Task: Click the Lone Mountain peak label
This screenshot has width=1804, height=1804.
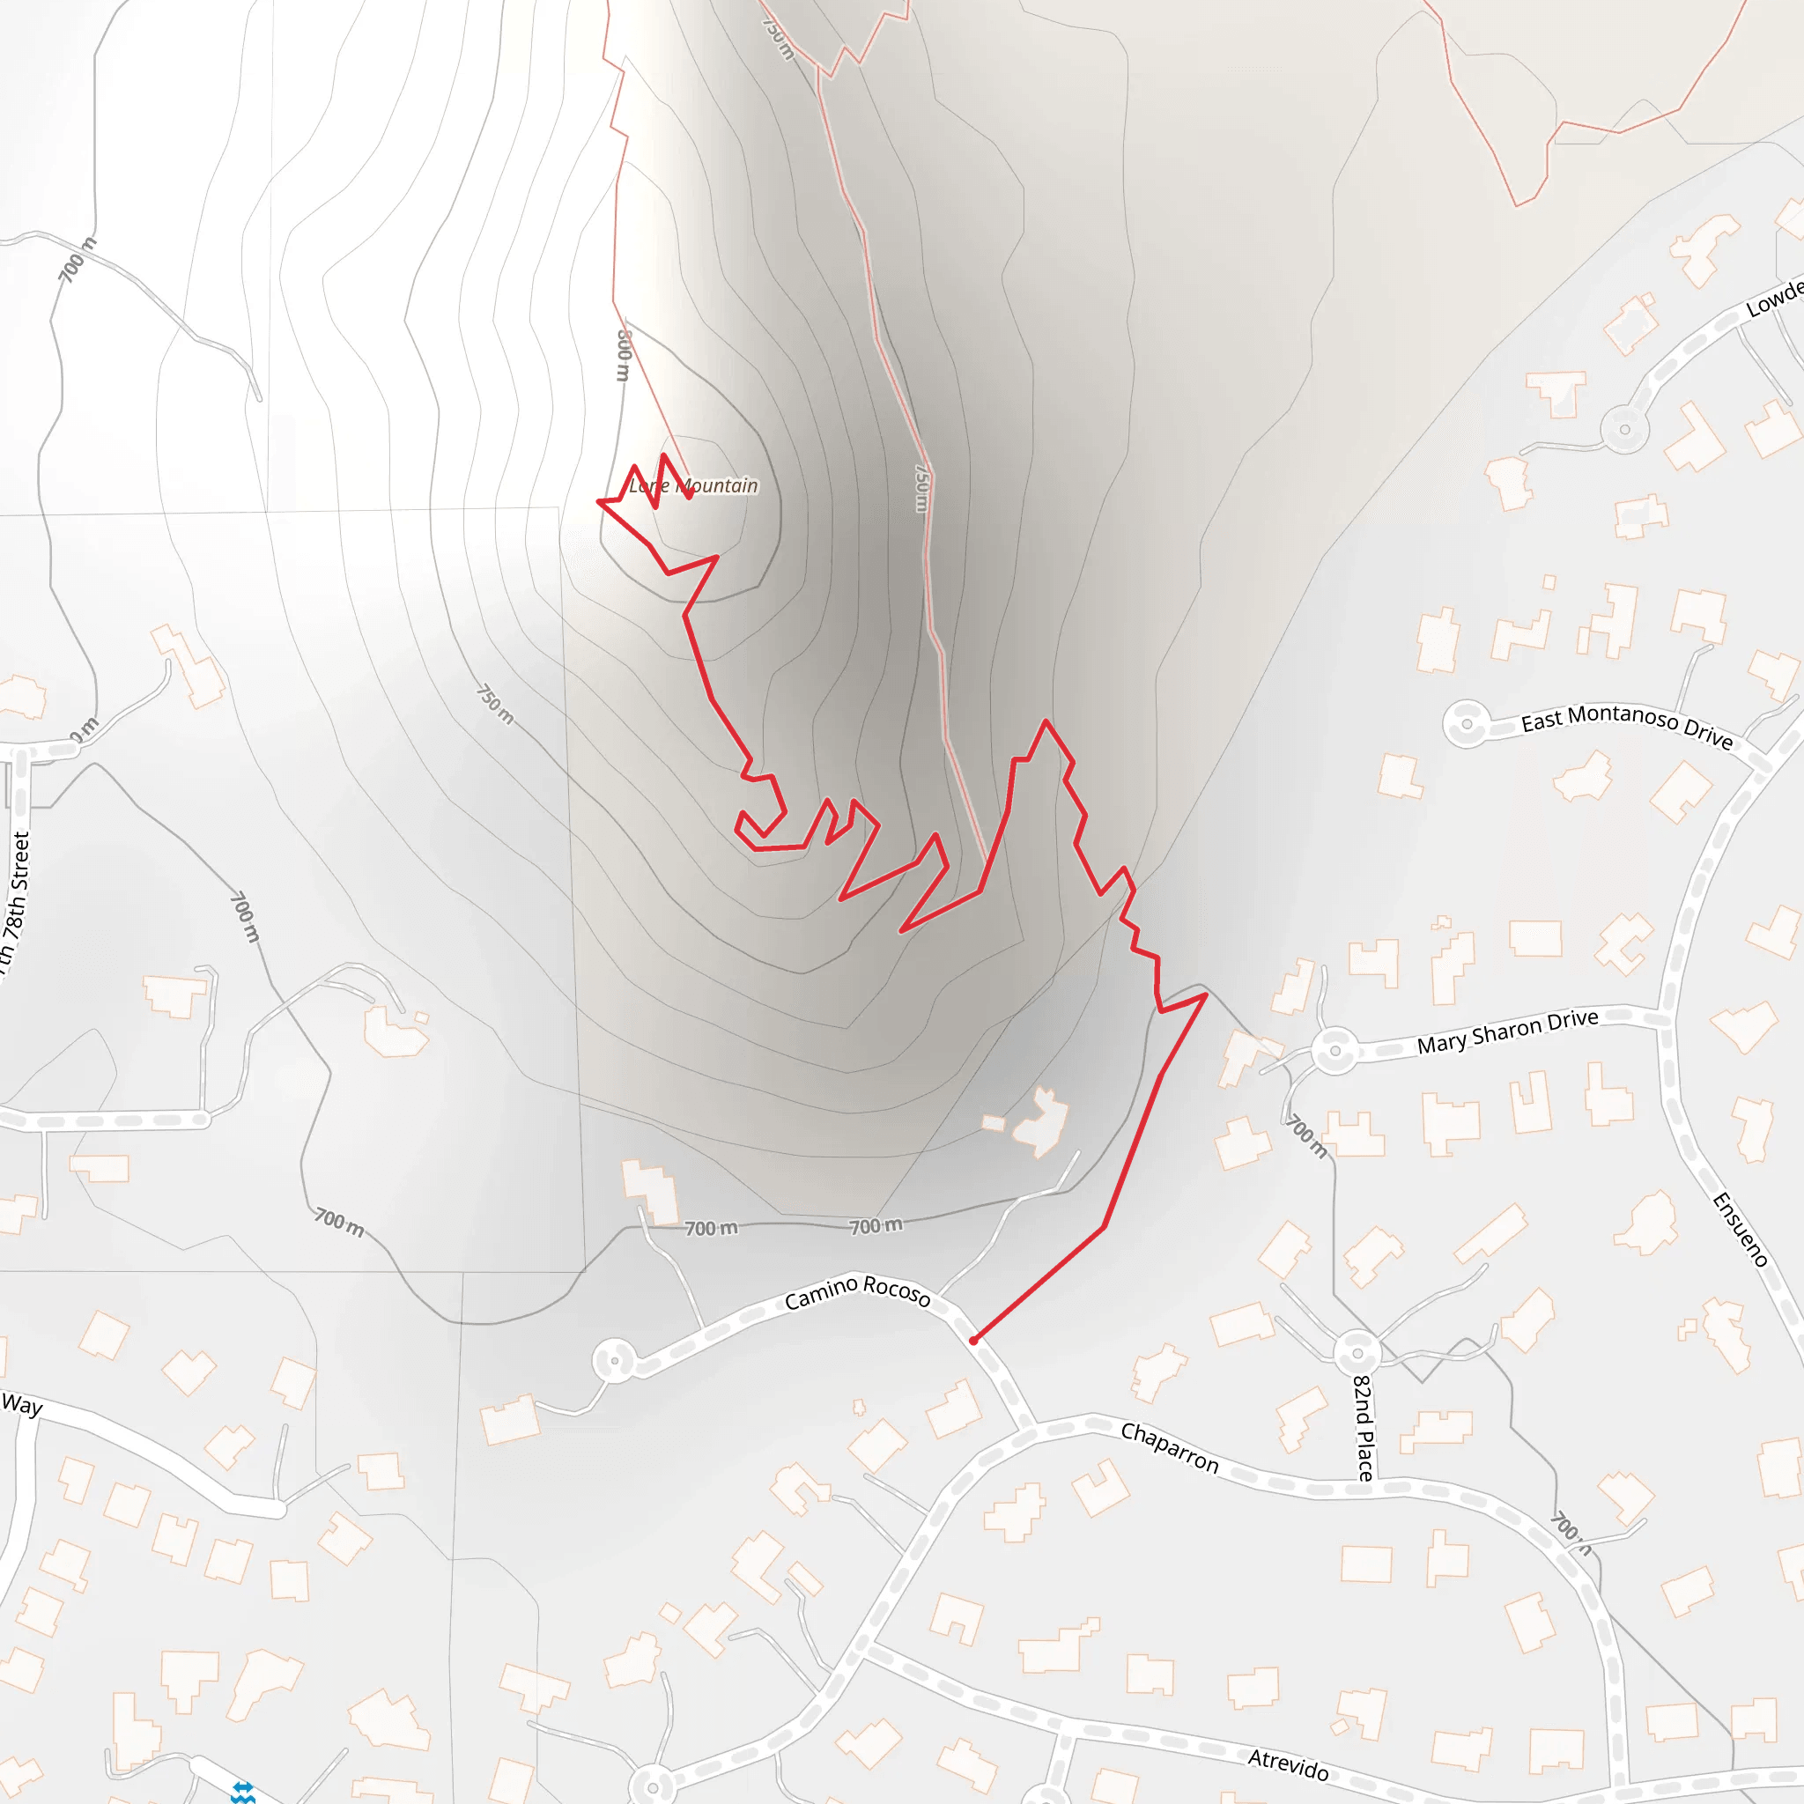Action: point(693,485)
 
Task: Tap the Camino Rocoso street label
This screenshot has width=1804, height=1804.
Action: point(857,1291)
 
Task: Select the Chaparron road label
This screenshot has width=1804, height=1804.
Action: point(1169,1446)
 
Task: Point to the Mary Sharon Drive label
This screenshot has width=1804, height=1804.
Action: point(1507,1031)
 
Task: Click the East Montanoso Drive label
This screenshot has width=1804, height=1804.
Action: point(1627,726)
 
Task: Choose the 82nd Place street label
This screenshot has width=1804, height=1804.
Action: point(1364,1428)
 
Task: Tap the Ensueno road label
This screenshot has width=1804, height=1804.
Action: point(1740,1230)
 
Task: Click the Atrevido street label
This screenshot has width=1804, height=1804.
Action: point(1288,1763)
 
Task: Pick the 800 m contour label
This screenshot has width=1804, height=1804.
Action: point(624,355)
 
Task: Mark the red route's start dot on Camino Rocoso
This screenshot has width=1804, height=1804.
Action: point(973,1341)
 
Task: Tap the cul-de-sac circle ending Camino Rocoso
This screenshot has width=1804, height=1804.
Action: point(615,1360)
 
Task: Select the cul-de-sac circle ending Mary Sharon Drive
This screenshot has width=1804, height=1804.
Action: point(1335,1051)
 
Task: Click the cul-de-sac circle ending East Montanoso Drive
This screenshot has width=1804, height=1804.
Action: point(1466,724)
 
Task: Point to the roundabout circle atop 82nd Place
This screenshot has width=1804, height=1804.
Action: point(1357,1351)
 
